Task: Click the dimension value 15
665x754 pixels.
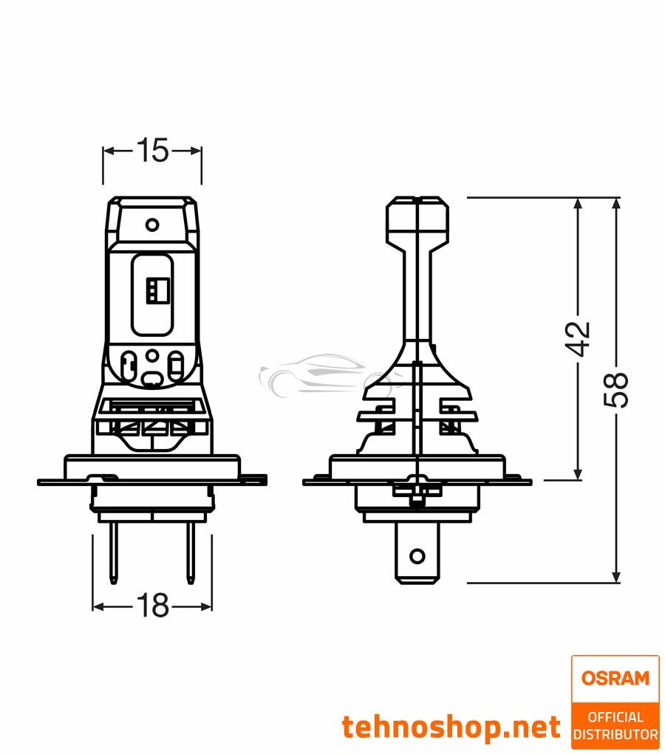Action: tap(151, 151)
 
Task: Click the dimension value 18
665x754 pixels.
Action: tap(151, 606)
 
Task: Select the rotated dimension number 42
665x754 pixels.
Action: tap(580, 339)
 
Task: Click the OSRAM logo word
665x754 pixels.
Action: tap(615, 678)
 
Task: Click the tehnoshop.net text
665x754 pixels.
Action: tap(451, 727)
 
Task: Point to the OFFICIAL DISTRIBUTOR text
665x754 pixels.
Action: tap(615, 725)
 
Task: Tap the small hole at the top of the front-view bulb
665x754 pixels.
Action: tap(151, 225)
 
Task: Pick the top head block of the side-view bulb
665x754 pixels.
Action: tap(417, 222)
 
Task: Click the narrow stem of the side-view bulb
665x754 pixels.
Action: tap(417, 295)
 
